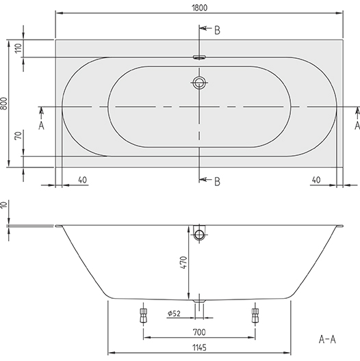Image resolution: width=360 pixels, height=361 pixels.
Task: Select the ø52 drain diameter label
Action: point(174,314)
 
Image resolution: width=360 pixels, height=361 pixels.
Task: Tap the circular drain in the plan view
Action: point(199,84)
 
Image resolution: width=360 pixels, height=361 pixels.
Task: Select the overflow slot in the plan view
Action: point(199,58)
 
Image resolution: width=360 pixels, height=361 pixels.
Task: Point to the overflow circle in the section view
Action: point(199,235)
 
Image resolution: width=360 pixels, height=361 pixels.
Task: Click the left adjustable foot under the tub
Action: point(143,315)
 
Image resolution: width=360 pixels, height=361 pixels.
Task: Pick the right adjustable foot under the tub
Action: point(255,315)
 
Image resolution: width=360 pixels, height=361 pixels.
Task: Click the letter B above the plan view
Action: point(217,29)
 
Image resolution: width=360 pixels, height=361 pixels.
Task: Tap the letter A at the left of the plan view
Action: point(41,126)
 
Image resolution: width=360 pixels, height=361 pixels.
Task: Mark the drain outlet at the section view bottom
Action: point(199,301)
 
